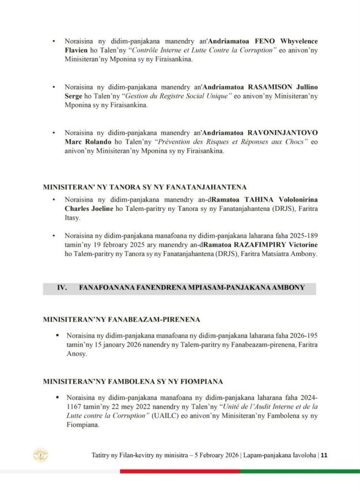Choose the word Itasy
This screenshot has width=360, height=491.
[x=72, y=218]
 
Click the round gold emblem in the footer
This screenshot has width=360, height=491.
[x=40, y=455]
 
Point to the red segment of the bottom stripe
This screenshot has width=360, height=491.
[x=180, y=471]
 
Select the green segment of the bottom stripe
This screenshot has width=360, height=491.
[x=300, y=471]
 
